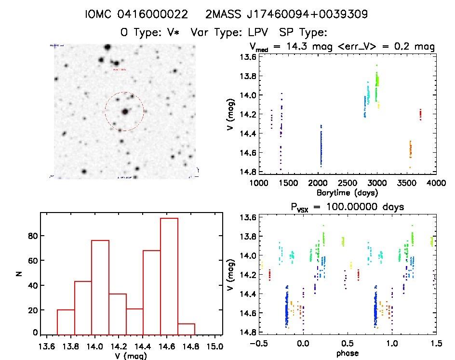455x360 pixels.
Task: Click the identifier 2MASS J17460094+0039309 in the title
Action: [x=287, y=14]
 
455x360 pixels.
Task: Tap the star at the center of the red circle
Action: [x=125, y=111]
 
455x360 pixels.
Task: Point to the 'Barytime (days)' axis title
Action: [x=347, y=192]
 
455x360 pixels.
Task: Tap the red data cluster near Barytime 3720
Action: [x=420, y=114]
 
